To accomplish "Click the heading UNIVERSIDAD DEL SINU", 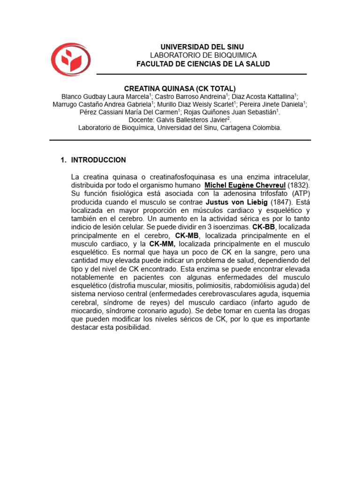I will point(202,47).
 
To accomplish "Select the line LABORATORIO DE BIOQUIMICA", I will point(203,55).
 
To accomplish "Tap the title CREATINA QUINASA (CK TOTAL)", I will point(180,89).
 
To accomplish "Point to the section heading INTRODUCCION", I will point(98,160).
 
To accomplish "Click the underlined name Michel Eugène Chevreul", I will point(245,185).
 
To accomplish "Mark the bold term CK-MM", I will point(162,244).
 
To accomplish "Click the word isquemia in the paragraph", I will point(294,294).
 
